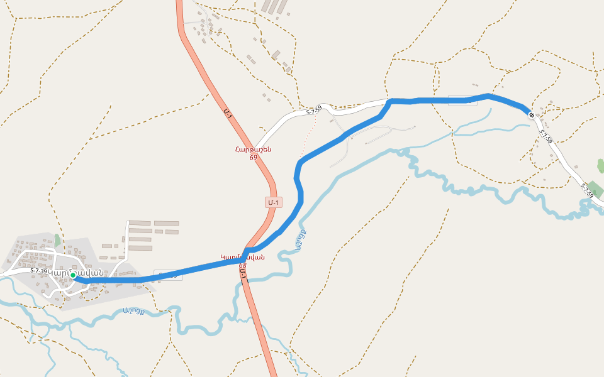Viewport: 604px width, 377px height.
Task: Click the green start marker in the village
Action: tap(73, 275)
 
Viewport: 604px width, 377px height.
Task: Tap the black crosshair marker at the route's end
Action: tap(532, 115)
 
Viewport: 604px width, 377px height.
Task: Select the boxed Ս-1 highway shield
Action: tap(273, 202)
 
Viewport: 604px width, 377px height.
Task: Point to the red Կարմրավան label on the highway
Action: tap(242, 256)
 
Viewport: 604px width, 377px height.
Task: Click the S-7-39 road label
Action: tap(39, 271)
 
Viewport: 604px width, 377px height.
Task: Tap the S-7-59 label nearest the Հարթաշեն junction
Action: tap(314, 110)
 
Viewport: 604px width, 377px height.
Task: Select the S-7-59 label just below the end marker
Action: tap(545, 136)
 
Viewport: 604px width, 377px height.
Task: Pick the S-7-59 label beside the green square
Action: tap(586, 190)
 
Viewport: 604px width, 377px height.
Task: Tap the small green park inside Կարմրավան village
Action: tap(57, 240)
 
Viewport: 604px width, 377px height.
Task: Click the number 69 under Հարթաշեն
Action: tap(253, 157)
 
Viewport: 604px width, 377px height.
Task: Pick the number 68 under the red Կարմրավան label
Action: tap(242, 265)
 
